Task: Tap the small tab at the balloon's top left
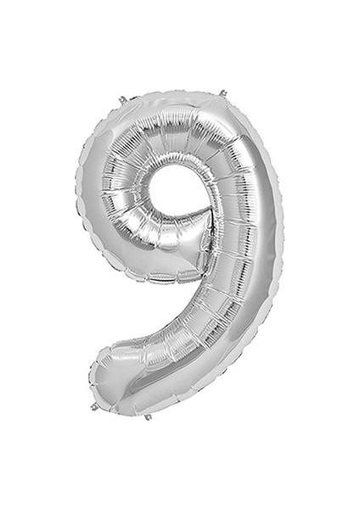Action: [123, 100]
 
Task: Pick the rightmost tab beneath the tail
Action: [148, 417]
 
